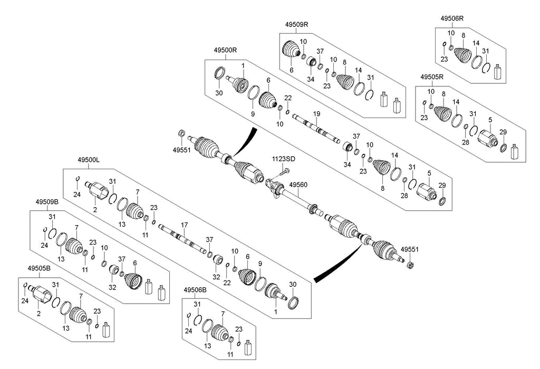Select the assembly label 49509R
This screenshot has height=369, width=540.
[x=297, y=24]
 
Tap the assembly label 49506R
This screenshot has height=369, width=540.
[x=452, y=18]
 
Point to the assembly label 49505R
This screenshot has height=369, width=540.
[x=431, y=76]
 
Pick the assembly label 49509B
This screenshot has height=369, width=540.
[x=47, y=202]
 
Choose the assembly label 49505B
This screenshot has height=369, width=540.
[x=38, y=268]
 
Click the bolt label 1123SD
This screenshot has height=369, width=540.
[x=284, y=159]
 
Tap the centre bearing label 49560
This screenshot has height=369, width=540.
[x=298, y=185]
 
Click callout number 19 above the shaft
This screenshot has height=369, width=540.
[x=316, y=114]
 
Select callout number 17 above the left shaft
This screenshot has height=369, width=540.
[x=185, y=225]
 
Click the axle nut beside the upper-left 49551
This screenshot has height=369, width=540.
[x=181, y=133]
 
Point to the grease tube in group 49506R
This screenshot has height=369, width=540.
[x=497, y=72]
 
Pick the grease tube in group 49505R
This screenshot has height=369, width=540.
[x=514, y=152]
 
